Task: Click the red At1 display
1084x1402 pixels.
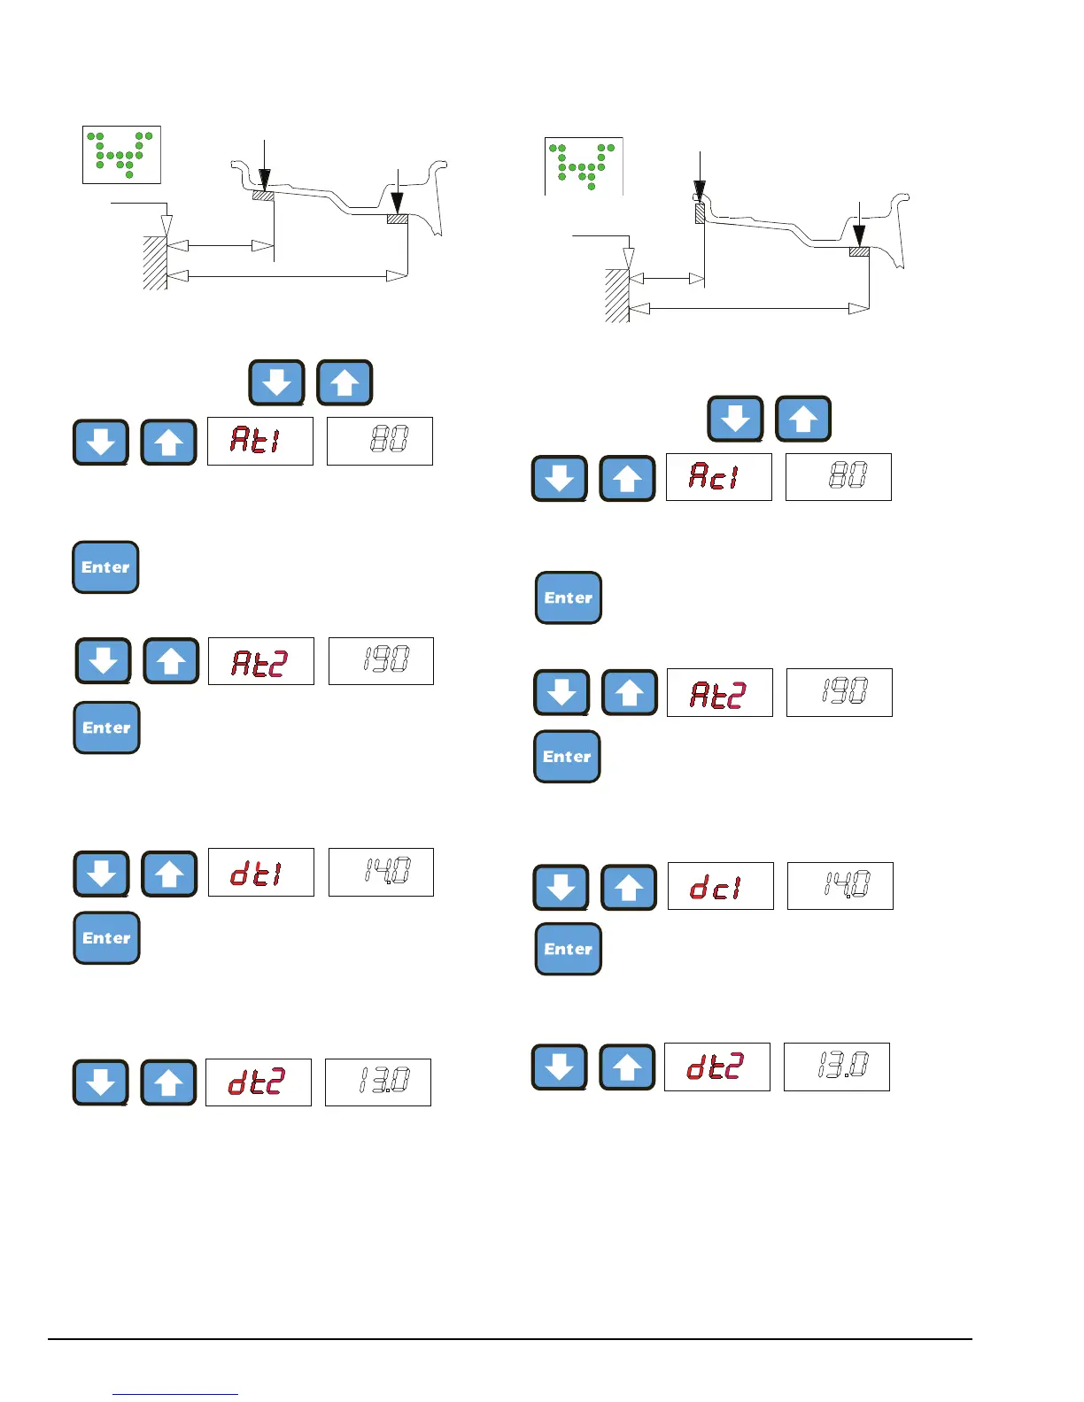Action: pos(259,441)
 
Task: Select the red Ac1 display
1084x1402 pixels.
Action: pos(718,477)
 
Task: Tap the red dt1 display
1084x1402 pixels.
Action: pos(260,873)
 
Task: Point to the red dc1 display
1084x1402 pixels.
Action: pos(719,886)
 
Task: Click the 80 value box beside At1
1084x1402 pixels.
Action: pos(379,441)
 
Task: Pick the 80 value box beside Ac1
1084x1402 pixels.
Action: pos(838,477)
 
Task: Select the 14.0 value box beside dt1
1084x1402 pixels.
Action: pos(381,873)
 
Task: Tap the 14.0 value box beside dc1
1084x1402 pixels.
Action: pos(840,886)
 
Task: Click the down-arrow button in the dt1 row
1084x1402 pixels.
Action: pos(102,874)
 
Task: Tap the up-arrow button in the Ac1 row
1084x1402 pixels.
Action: pos(627,479)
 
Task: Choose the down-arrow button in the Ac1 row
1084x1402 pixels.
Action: pos(559,479)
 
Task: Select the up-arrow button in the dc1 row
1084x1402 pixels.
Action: pos(629,888)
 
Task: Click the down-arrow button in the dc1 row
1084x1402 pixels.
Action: pos(561,888)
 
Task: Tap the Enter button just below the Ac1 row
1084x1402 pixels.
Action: pos(569,598)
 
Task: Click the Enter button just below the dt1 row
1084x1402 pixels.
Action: pos(106,938)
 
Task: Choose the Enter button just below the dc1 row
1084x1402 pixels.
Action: pos(569,950)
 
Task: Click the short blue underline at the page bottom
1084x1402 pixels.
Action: pos(175,1394)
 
